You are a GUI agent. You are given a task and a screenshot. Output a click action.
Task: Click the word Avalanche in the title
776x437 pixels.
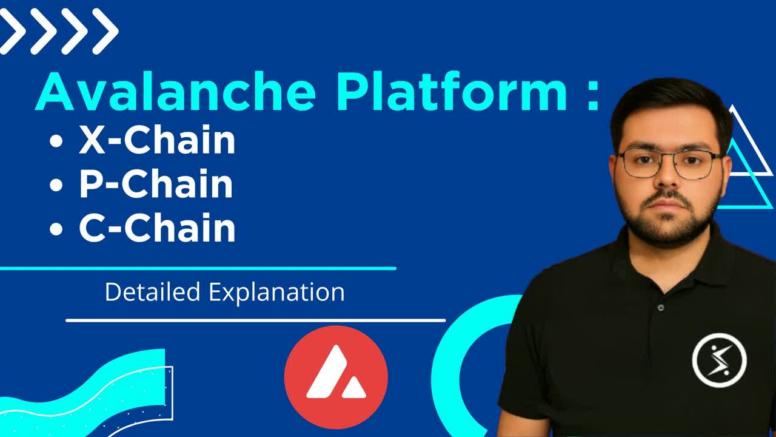(176, 92)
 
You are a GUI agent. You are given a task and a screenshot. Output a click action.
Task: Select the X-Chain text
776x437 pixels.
(157, 141)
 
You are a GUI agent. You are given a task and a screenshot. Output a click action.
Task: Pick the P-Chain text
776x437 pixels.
(156, 185)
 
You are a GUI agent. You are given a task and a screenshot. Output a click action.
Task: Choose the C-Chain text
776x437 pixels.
(157, 228)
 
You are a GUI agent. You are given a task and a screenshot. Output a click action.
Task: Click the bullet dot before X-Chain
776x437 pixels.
(56, 142)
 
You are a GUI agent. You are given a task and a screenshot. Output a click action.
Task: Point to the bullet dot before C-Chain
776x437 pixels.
(56, 229)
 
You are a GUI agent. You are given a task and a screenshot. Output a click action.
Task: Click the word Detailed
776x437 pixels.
(152, 292)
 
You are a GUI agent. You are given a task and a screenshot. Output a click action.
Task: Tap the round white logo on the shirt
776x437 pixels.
(719, 360)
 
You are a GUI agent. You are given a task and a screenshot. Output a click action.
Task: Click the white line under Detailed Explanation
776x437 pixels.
(255, 320)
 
